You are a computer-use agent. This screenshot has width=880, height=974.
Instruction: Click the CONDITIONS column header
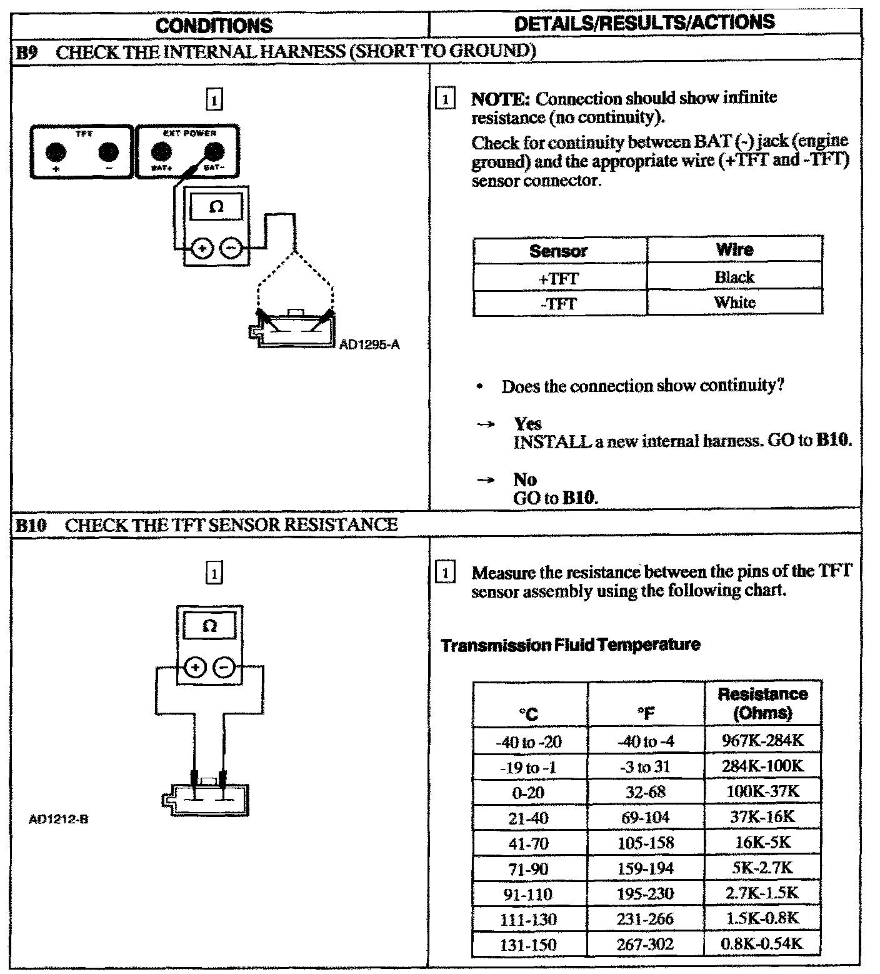(x=214, y=26)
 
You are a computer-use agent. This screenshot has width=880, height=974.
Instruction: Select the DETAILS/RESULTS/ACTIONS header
(x=644, y=23)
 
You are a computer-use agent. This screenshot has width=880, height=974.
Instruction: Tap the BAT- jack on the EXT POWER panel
(x=214, y=151)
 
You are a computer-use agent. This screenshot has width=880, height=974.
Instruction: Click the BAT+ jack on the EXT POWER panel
(x=162, y=151)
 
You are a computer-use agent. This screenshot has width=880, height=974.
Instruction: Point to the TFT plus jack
(x=56, y=152)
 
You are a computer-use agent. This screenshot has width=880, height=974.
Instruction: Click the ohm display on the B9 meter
(x=216, y=207)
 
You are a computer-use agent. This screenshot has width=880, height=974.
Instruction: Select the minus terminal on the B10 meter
(x=224, y=668)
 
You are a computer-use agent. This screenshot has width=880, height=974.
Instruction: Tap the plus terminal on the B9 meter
(x=202, y=249)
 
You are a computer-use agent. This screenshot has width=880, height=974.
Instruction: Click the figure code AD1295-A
(x=369, y=344)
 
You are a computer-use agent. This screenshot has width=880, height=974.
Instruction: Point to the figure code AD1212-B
(x=59, y=819)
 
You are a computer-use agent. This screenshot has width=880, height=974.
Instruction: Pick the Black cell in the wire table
(x=734, y=277)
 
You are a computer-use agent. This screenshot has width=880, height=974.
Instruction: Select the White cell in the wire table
(x=734, y=303)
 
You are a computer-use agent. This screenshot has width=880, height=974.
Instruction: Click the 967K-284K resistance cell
(x=762, y=741)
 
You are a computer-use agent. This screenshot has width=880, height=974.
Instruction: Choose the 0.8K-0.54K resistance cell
(x=762, y=943)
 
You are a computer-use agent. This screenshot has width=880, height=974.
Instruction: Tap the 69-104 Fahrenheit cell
(x=646, y=817)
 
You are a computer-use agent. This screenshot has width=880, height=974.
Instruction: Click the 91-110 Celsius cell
(x=529, y=894)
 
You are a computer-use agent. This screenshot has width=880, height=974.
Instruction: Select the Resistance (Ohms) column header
(x=762, y=703)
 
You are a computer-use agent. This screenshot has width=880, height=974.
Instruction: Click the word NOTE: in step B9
(x=501, y=99)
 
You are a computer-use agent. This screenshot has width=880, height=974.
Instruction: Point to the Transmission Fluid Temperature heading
(x=570, y=645)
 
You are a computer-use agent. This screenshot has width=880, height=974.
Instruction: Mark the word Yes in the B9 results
(x=527, y=424)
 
